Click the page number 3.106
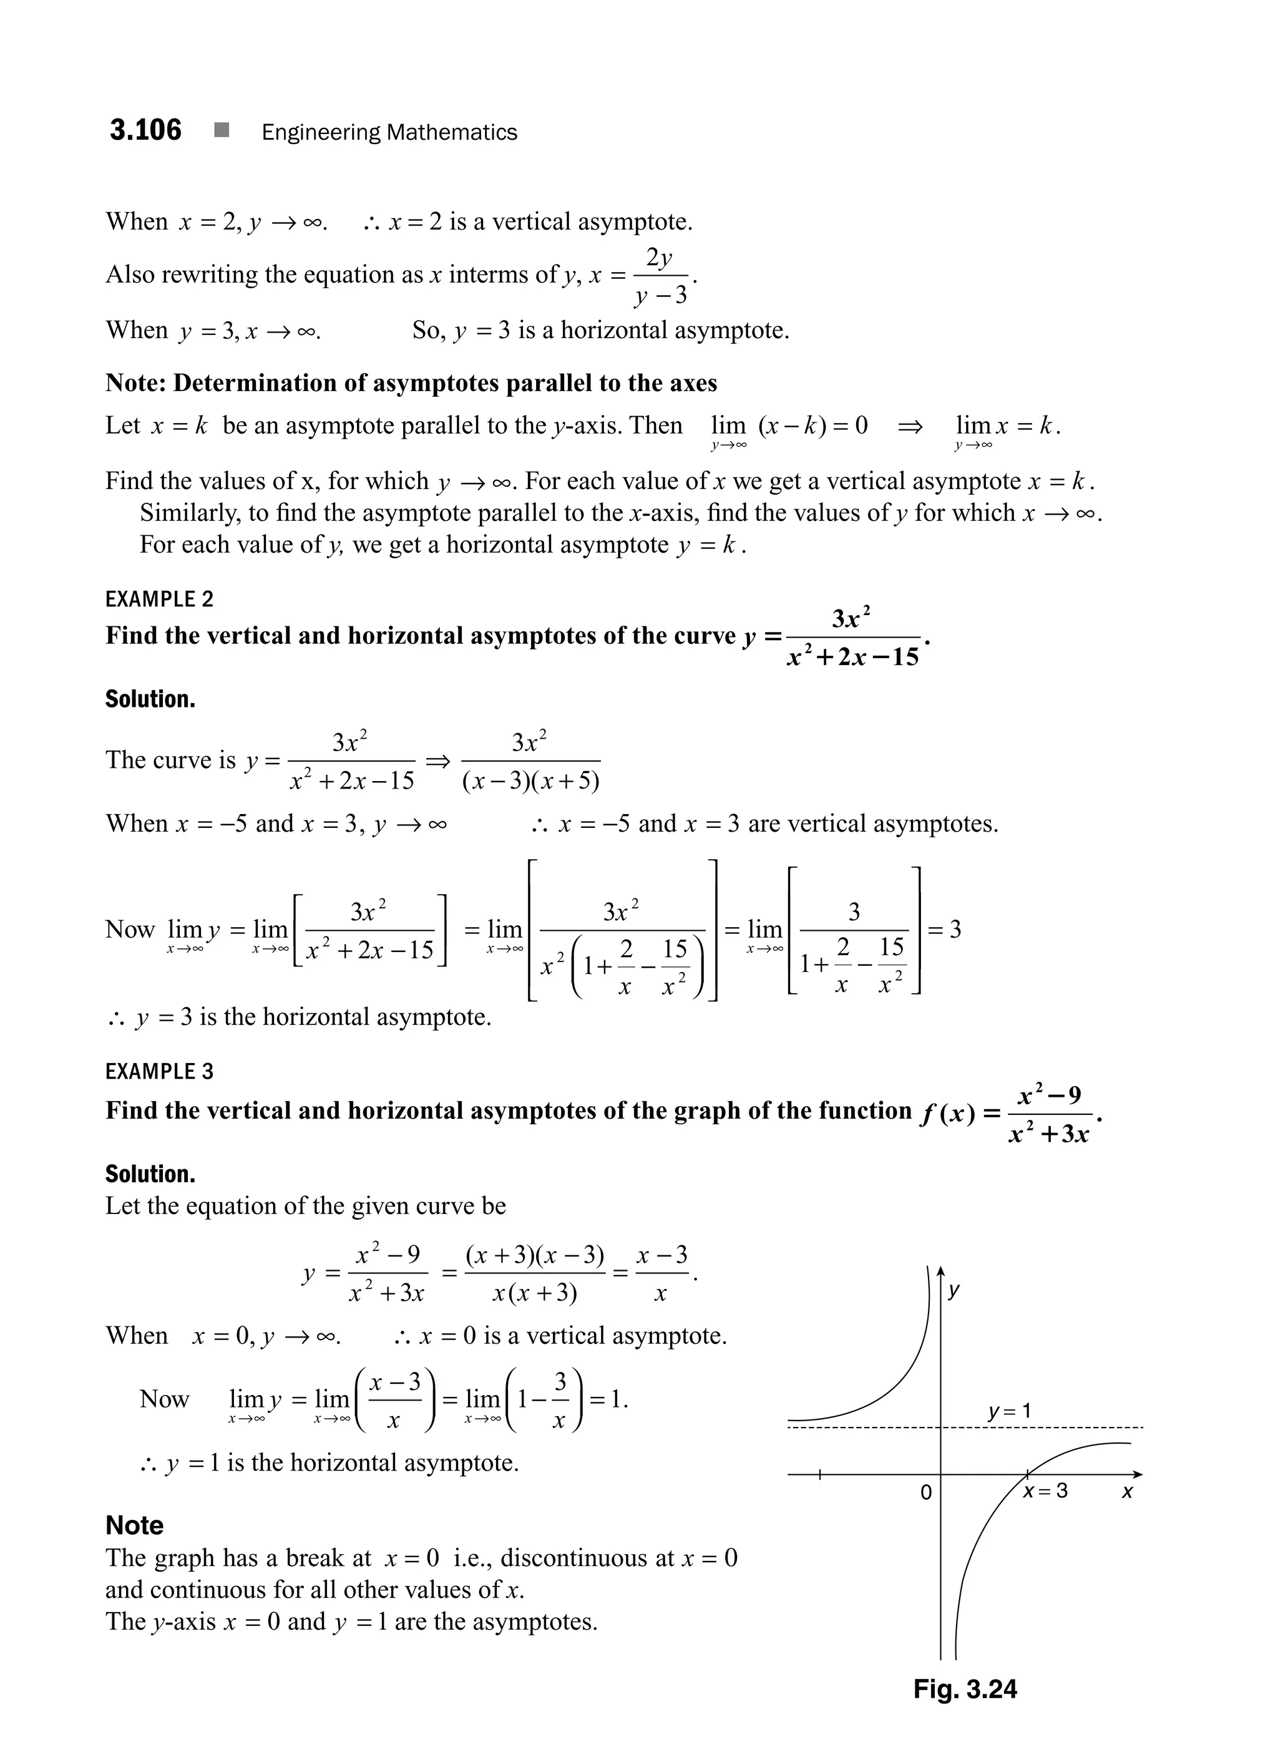[145, 130]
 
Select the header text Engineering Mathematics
[389, 132]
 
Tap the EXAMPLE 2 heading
[159, 600]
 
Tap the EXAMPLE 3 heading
[159, 1072]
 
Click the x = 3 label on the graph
[1046, 1490]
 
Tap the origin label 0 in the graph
[926, 1492]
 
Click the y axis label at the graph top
[955, 1290]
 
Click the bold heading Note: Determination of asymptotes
[411, 383]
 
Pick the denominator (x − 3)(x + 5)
[530, 781]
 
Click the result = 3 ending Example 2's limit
[945, 929]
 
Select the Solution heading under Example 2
[150, 699]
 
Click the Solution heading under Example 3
[150, 1174]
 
